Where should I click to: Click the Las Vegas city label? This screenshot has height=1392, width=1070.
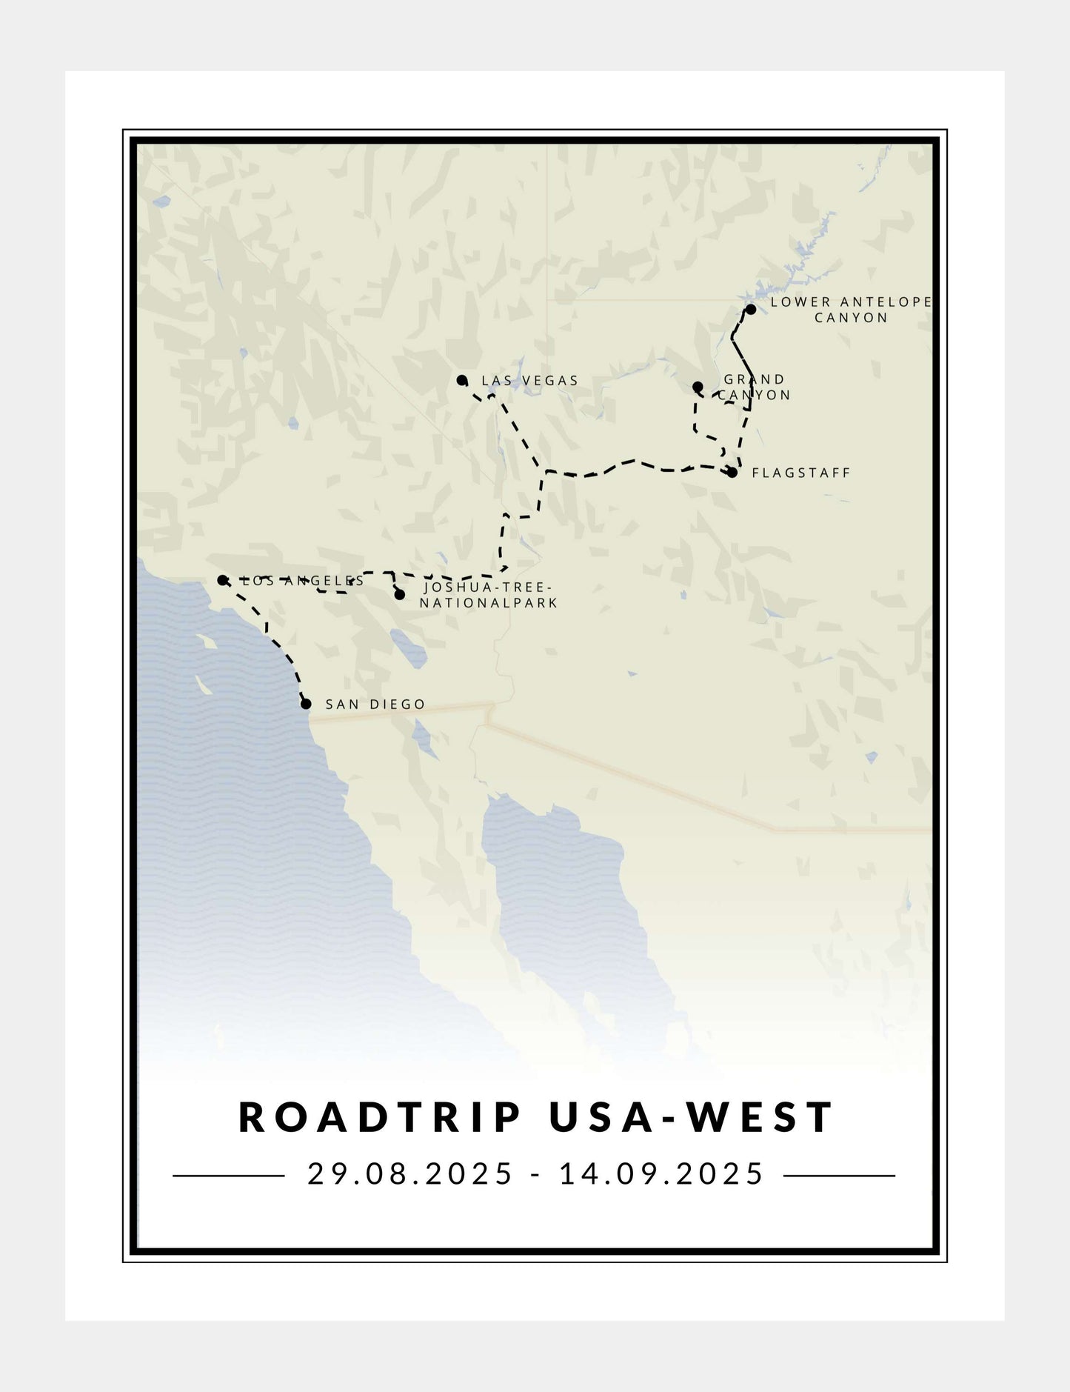click(x=529, y=381)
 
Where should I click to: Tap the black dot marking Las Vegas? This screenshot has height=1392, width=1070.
click(x=462, y=381)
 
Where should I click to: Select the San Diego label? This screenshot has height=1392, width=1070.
click(x=375, y=704)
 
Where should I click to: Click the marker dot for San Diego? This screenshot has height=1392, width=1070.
click(x=306, y=704)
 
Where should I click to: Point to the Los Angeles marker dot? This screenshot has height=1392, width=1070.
click(x=222, y=580)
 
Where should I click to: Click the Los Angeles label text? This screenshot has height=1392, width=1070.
click(x=304, y=581)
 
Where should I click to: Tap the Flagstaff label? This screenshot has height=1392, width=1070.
click(x=801, y=473)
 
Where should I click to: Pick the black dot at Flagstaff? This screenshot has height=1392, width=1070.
click(x=732, y=473)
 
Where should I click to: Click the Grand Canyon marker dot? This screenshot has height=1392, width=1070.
click(x=698, y=387)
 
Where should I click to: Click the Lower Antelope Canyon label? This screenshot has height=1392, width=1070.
click(x=851, y=310)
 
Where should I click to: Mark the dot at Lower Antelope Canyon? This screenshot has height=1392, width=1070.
click(x=750, y=309)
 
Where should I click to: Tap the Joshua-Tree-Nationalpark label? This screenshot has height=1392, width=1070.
click(x=488, y=596)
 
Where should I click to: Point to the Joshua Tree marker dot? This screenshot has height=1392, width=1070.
click(x=400, y=595)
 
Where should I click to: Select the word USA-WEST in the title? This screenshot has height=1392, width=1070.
click(x=692, y=1118)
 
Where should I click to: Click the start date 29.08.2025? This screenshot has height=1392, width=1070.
click(x=410, y=1174)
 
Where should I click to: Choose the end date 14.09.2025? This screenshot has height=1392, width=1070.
click(x=661, y=1174)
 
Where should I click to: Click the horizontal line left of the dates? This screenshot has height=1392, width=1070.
click(x=228, y=1176)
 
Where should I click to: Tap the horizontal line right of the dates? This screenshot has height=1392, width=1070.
click(x=839, y=1176)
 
